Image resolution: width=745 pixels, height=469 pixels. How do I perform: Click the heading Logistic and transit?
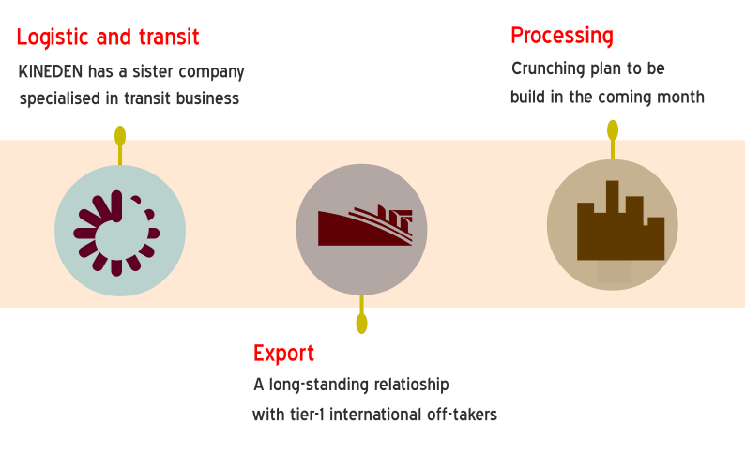pos(108,38)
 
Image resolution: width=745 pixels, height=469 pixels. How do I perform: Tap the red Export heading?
pos(283,354)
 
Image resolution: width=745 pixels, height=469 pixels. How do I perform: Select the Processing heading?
pos(562,36)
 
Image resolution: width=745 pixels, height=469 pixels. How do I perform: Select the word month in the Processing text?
pos(680,97)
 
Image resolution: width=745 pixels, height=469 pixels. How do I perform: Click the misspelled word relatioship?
pos(403,385)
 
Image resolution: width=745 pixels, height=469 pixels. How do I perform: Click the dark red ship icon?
pos(364,226)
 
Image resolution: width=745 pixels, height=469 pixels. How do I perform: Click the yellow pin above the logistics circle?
pos(120,136)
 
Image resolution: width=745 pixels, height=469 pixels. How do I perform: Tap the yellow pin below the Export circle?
pos(361,324)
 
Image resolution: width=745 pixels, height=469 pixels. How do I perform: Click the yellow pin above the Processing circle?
pos(613,130)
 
